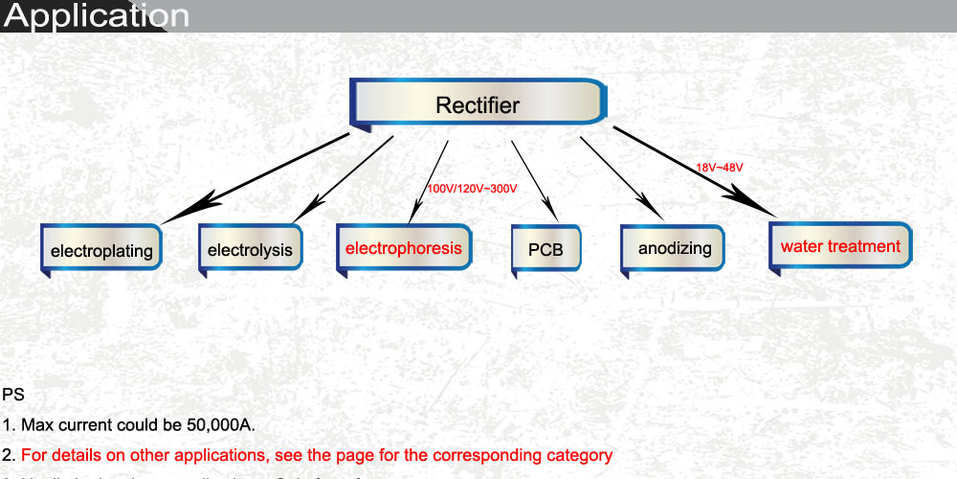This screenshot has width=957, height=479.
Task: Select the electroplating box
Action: click(x=101, y=251)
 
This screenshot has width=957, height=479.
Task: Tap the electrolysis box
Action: click(x=250, y=250)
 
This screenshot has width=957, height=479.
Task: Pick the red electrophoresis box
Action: click(x=403, y=248)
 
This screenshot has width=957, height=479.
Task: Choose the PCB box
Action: click(x=545, y=250)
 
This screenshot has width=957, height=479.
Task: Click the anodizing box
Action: click(x=675, y=248)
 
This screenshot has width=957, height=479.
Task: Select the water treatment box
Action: click(x=840, y=246)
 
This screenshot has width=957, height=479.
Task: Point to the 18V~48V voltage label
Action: click(x=720, y=168)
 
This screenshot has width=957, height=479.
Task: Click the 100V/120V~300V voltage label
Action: click(x=472, y=189)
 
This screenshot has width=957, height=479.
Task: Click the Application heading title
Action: click(x=96, y=16)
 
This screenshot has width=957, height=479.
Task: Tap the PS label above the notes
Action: click(x=13, y=394)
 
